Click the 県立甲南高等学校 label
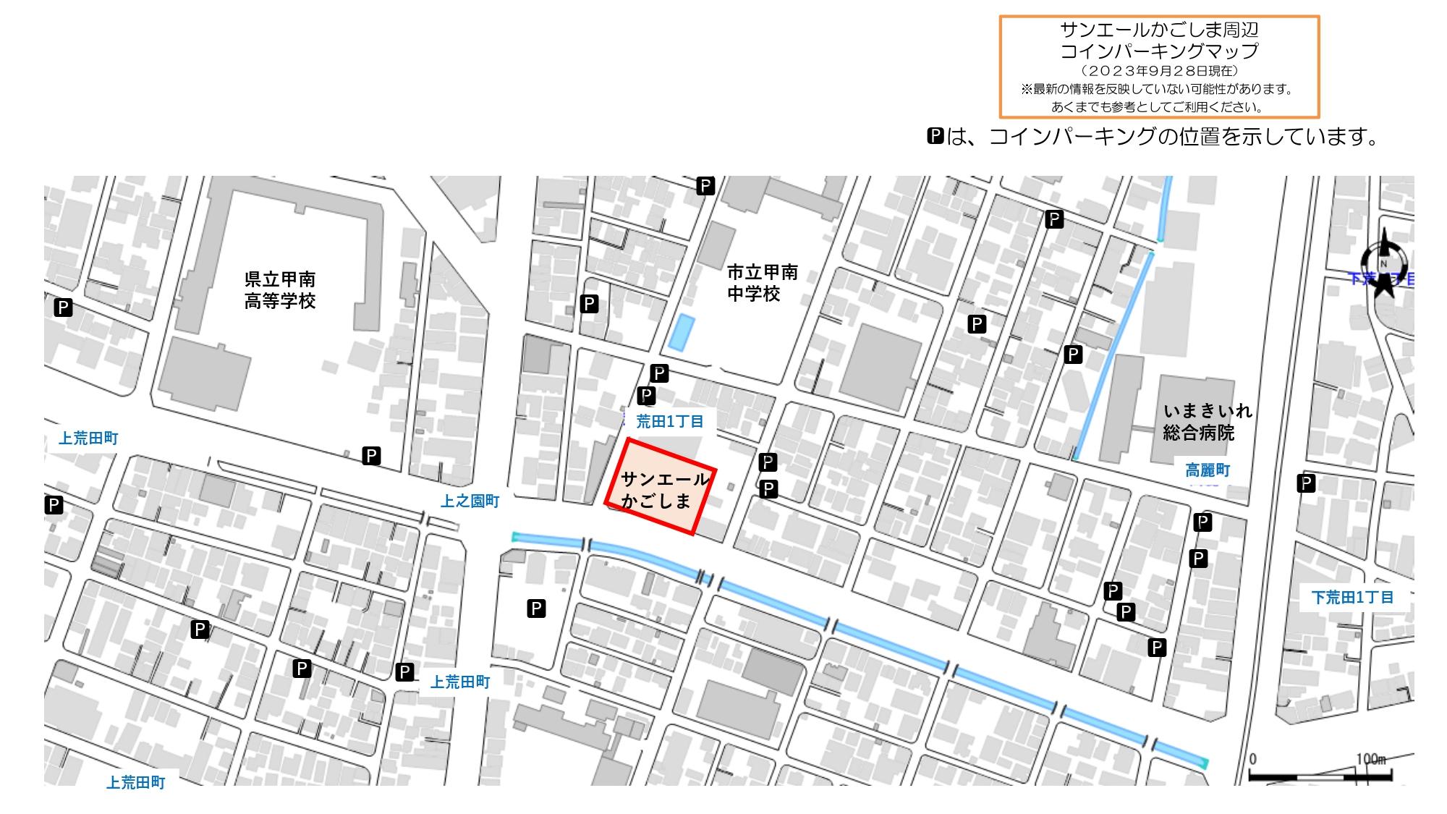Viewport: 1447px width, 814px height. coord(280,290)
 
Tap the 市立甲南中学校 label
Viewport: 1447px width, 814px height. coord(762,283)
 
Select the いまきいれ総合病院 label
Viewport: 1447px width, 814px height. coord(1207,422)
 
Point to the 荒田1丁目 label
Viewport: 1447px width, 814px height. coord(669,421)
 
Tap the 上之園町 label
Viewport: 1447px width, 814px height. coord(470,501)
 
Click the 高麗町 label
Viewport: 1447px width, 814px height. coord(1208,470)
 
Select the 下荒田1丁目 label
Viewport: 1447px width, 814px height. coord(1352,597)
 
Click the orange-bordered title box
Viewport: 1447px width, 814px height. coord(1159,67)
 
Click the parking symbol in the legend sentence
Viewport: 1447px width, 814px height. coord(935,136)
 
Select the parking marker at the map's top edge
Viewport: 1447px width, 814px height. coord(705,186)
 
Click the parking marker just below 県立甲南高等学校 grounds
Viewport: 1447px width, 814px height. coord(371,456)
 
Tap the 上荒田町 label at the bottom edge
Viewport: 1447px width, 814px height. coord(136,782)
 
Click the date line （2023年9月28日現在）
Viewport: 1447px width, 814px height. coord(1159,71)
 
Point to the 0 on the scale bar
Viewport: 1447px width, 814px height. coord(1252,759)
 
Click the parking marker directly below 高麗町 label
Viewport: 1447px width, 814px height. coord(1202,522)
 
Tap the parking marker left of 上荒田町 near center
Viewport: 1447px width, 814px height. coord(405,672)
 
